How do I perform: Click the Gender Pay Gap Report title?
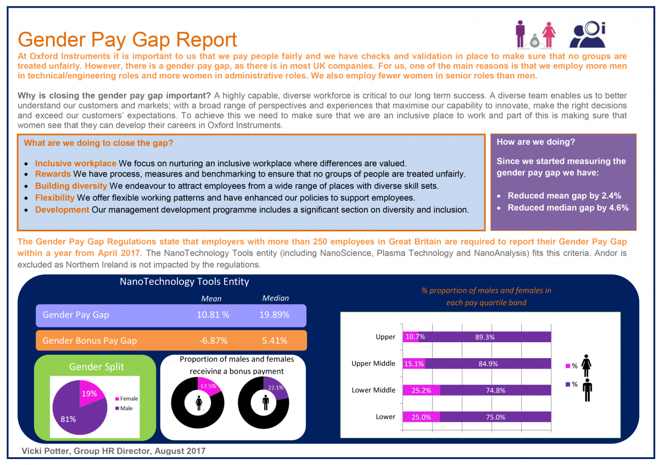(x=127, y=40)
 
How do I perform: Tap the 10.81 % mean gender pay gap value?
(x=213, y=315)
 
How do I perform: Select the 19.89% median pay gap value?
(x=275, y=315)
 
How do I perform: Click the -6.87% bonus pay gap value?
(x=212, y=341)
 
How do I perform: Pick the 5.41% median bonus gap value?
(x=275, y=341)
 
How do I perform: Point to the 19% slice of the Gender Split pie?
(x=91, y=393)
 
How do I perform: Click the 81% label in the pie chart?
(x=68, y=419)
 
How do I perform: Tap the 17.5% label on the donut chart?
(x=206, y=386)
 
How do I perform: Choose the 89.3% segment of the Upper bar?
(x=484, y=337)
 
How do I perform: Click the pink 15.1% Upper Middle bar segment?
(x=414, y=364)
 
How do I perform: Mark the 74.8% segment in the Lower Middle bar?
(x=495, y=390)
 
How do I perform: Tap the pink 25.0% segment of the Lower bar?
(x=421, y=417)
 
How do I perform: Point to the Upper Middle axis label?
(x=373, y=364)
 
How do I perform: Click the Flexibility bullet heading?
(x=55, y=197)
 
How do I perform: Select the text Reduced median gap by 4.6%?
(x=568, y=208)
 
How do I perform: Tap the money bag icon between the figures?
(x=532, y=39)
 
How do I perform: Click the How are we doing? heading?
(x=535, y=142)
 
